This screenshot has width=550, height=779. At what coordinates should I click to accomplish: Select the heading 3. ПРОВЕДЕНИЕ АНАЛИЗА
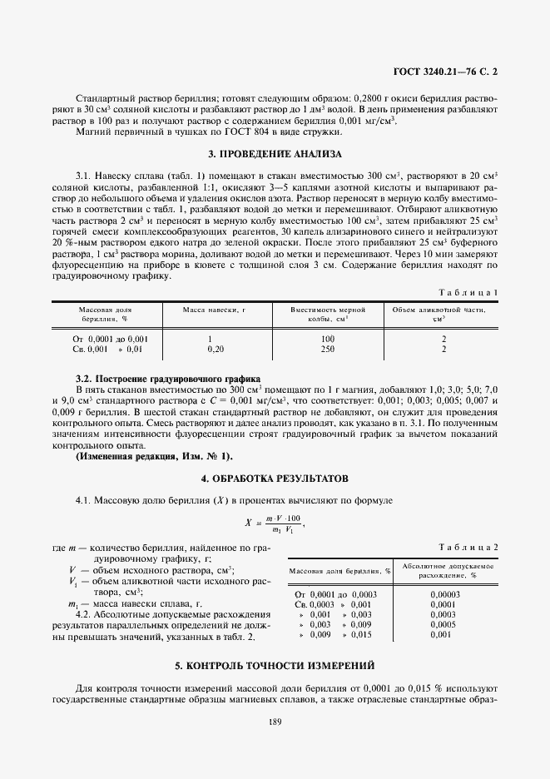274,154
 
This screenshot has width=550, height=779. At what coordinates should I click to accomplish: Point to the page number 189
275,721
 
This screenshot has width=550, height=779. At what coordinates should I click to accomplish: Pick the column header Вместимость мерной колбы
326,314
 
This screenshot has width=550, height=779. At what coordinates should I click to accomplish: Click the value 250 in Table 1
326,349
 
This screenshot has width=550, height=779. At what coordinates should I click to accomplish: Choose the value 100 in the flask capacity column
326,339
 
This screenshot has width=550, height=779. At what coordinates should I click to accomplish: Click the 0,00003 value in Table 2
445,593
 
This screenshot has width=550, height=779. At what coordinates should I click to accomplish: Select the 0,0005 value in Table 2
445,623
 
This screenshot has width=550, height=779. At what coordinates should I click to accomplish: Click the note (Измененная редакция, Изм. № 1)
155,456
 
